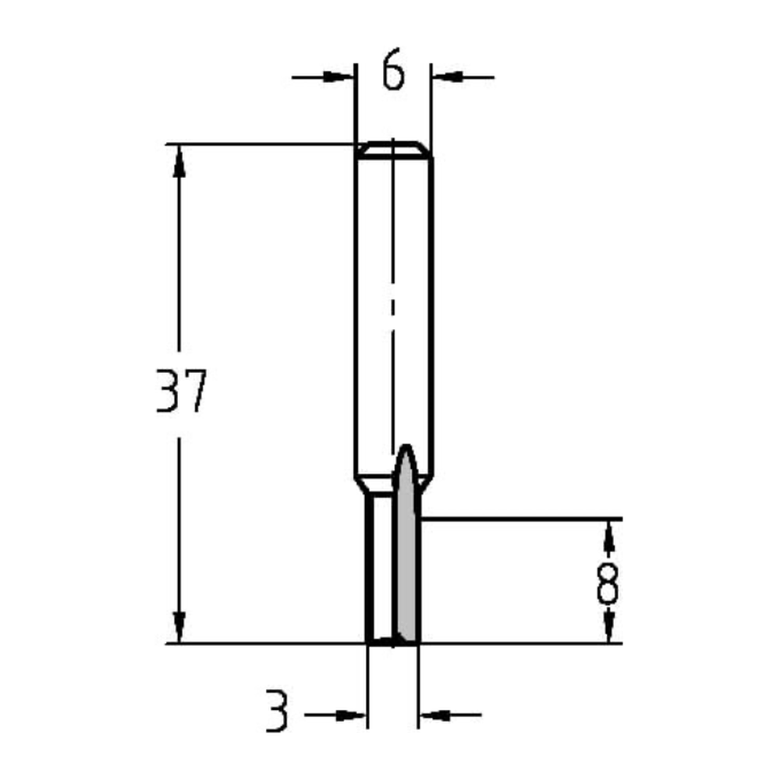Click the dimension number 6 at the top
point(394,73)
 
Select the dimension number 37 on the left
point(181,392)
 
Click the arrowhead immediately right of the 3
point(352,714)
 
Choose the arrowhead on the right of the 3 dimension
point(434,714)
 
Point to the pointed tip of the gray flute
point(405,448)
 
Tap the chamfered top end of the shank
point(393,149)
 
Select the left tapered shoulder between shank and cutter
point(361,484)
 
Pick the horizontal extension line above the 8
point(530,518)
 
